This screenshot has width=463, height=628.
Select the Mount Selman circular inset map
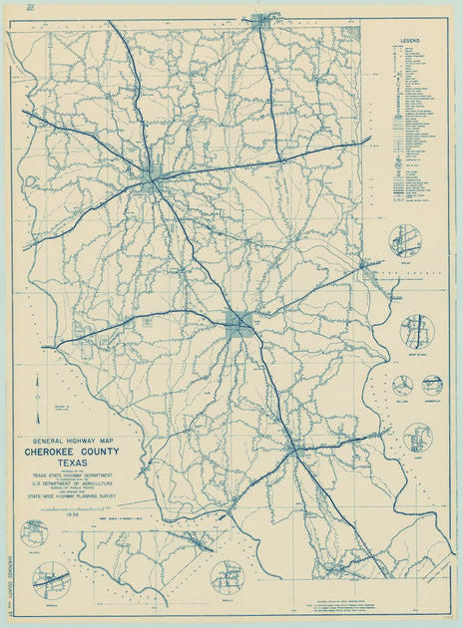[x=416, y=331]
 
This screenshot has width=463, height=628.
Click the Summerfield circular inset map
[x=432, y=385]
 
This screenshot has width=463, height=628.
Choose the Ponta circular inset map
[x=417, y=437]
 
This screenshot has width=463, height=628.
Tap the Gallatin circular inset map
[x=35, y=533]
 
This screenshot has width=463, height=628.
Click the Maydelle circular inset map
[x=51, y=579]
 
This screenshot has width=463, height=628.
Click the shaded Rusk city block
[x=238, y=321]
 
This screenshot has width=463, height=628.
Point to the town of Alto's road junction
[x=295, y=451]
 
